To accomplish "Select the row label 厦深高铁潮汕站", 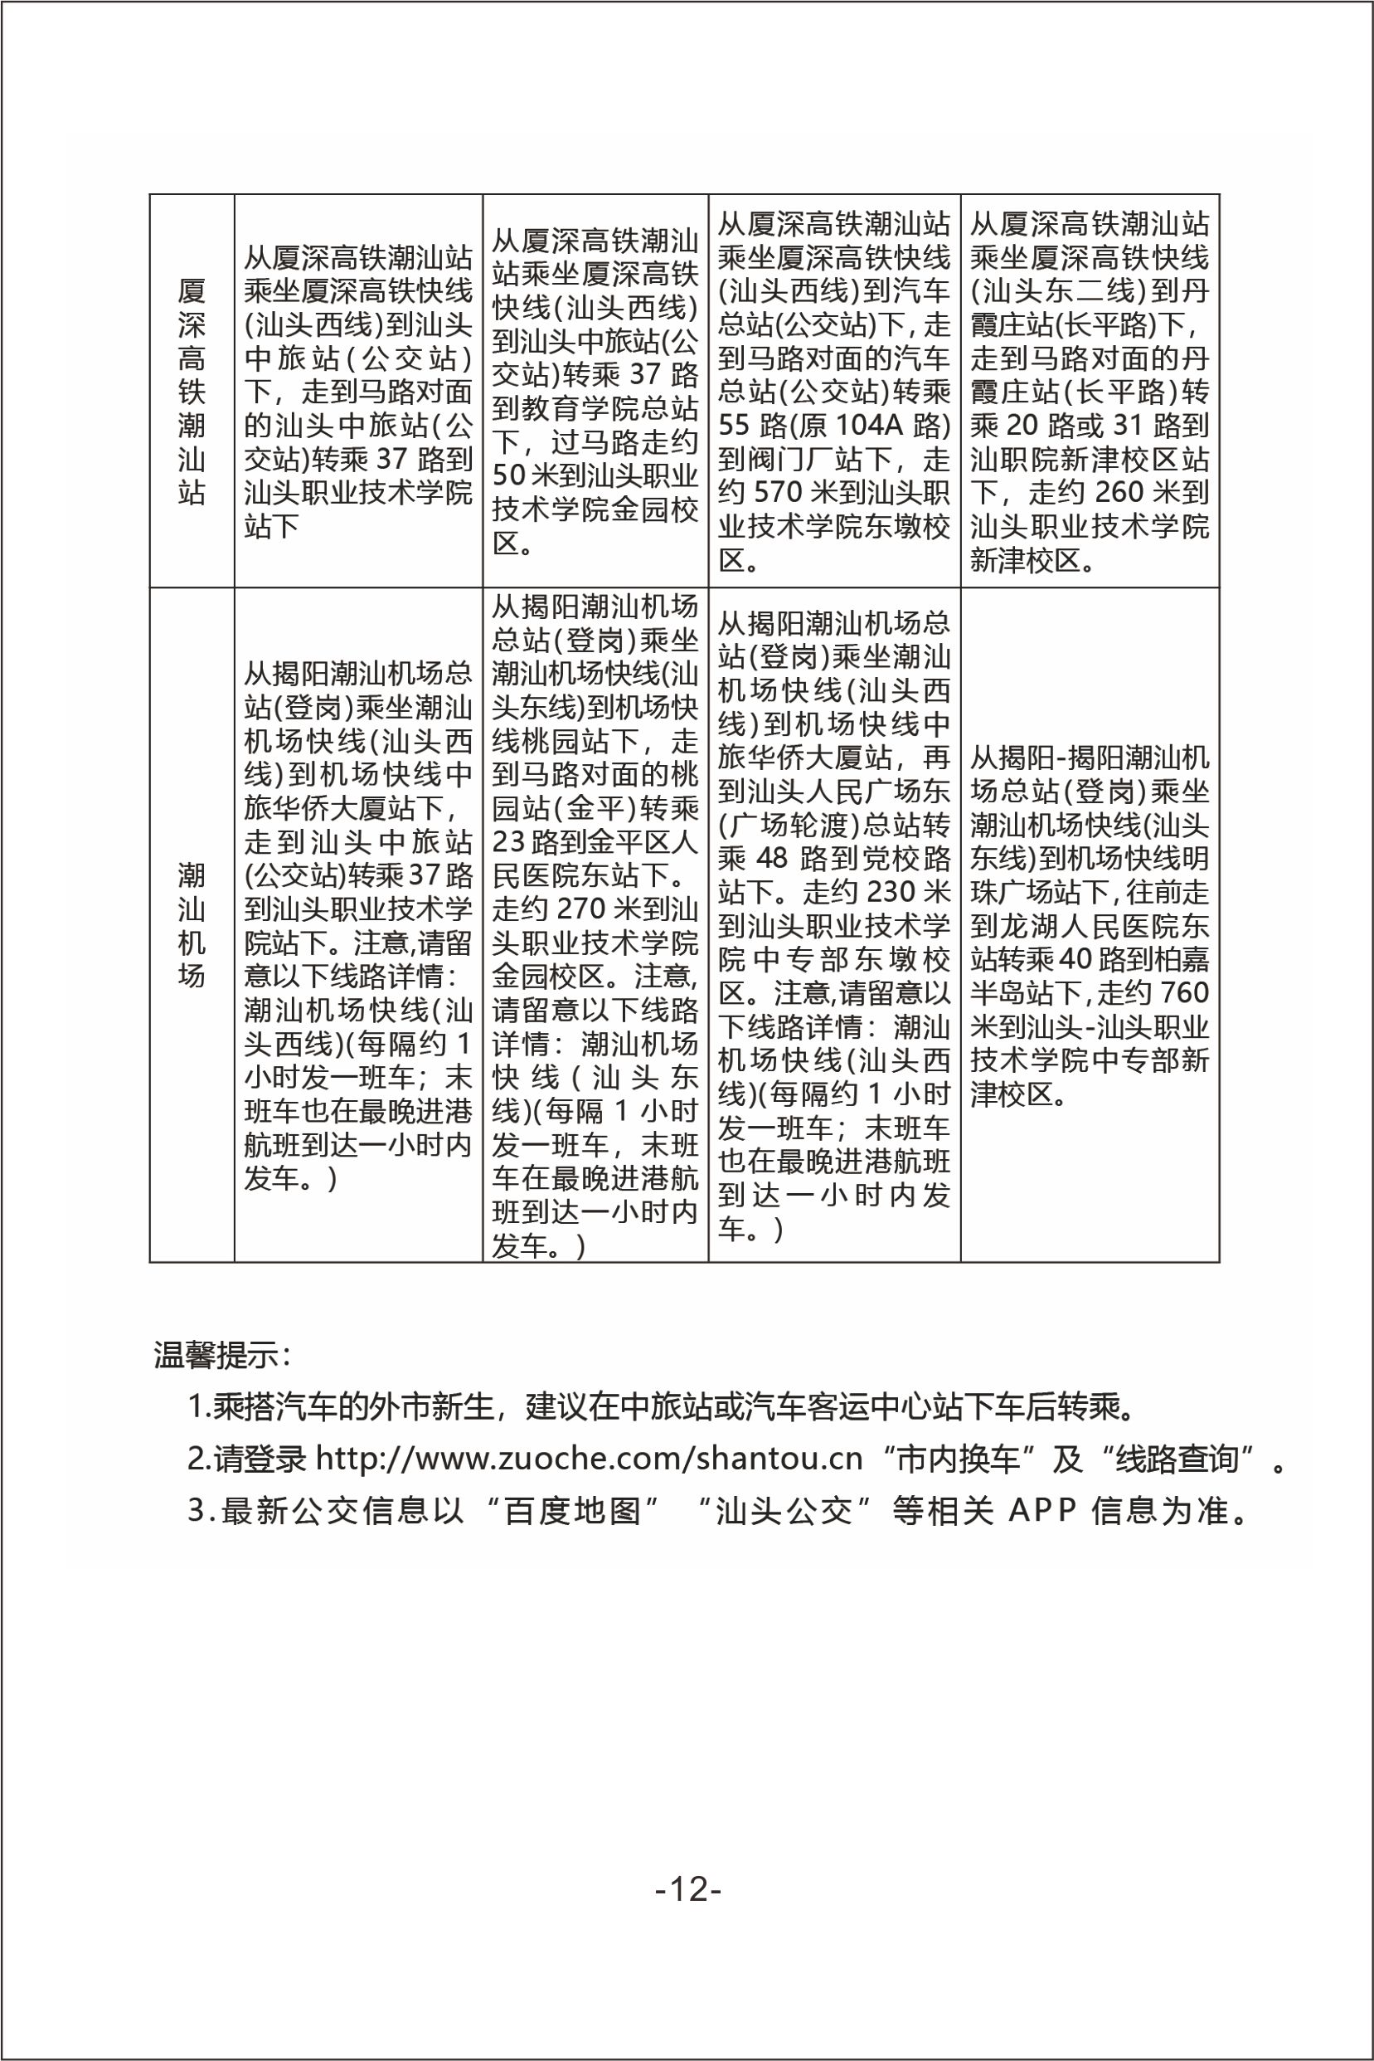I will click(191, 390).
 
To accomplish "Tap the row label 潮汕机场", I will click(191, 925).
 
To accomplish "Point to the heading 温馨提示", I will click(219, 1354).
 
